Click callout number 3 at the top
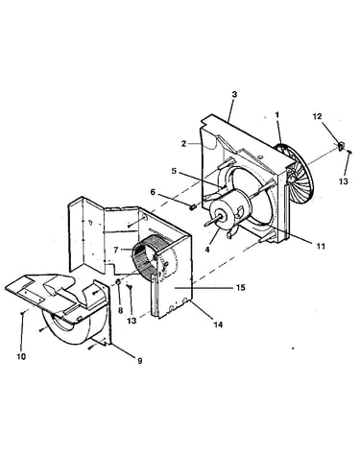[234, 95]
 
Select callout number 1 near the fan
[277, 115]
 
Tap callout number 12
[317, 116]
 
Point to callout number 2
[183, 144]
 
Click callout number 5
[174, 171]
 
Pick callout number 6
[153, 192]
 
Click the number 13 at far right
[344, 181]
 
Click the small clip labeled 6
[192, 207]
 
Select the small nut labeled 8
[118, 281]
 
